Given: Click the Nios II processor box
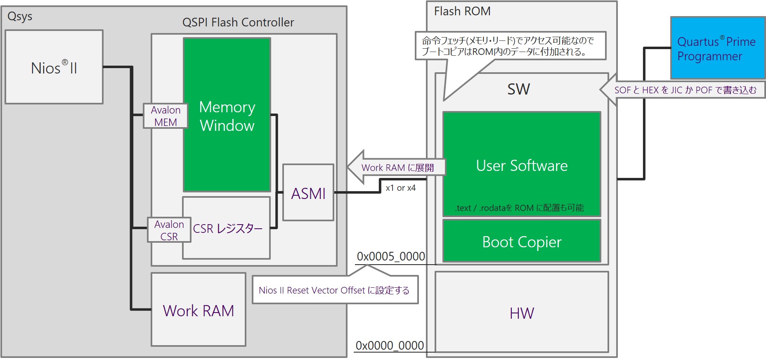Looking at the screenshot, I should click(x=54, y=67).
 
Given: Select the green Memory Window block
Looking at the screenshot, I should click(x=227, y=115).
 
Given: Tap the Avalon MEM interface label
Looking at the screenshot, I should click(x=165, y=116).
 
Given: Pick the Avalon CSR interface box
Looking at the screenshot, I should click(x=169, y=230).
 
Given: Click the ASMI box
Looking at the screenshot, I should click(x=308, y=193).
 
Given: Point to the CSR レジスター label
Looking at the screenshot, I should click(x=227, y=228).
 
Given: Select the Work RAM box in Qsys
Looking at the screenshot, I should click(x=199, y=310).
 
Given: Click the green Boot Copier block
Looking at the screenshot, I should click(x=522, y=242).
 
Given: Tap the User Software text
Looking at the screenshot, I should click(x=522, y=166).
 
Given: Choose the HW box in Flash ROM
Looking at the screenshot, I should click(x=522, y=313).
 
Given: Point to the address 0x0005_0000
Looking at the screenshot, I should click(x=391, y=256).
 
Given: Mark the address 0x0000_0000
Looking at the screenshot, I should click(x=390, y=345).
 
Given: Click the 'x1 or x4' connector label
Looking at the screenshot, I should click(x=400, y=188).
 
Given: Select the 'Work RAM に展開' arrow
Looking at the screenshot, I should click(x=397, y=167).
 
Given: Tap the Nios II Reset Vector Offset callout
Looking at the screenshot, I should click(x=334, y=290).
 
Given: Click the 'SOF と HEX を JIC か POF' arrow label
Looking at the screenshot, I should click(x=685, y=90).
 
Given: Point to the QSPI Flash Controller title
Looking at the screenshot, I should click(x=238, y=22).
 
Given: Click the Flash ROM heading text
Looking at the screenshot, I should click(x=462, y=11).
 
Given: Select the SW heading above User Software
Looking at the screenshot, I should click(x=518, y=89).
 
